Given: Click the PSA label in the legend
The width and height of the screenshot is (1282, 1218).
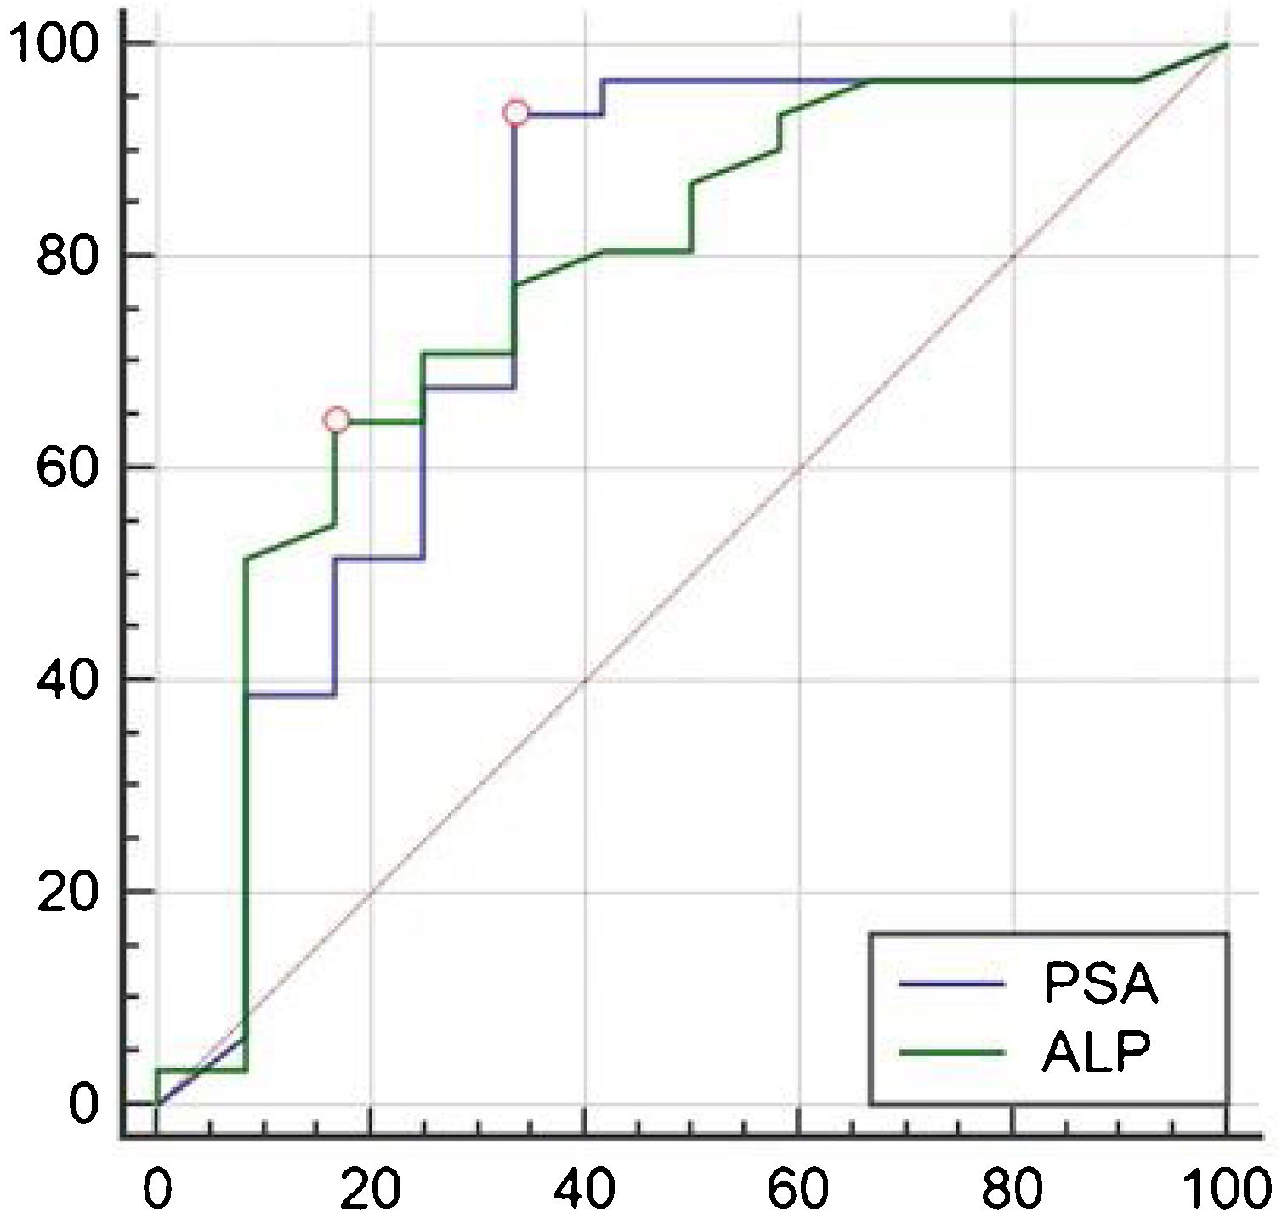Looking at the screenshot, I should coord(1100,984).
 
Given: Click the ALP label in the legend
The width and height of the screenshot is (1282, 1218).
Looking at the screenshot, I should coord(1097,1053).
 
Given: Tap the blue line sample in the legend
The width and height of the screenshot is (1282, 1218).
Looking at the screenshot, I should coord(953,983).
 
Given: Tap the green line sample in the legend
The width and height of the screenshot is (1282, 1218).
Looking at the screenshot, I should coord(953,1052).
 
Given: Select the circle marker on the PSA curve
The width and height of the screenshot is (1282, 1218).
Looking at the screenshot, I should coord(515,112).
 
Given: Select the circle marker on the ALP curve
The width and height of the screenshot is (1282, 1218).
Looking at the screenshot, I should coord(337,420).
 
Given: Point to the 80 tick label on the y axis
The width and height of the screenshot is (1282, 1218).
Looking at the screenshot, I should coord(65,255).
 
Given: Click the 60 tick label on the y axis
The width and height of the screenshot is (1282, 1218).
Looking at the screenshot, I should coord(65,467).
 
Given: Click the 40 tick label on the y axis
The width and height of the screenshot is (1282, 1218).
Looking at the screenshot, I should coord(65,680).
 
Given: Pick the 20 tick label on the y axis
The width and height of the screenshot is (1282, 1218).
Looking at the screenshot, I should coord(65,892).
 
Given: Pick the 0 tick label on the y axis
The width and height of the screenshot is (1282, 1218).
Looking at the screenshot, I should coord(82,1104).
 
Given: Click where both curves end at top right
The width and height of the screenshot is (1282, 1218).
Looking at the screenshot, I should coord(1226,43).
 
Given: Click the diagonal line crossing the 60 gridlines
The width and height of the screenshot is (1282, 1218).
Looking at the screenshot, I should coord(799,467).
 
